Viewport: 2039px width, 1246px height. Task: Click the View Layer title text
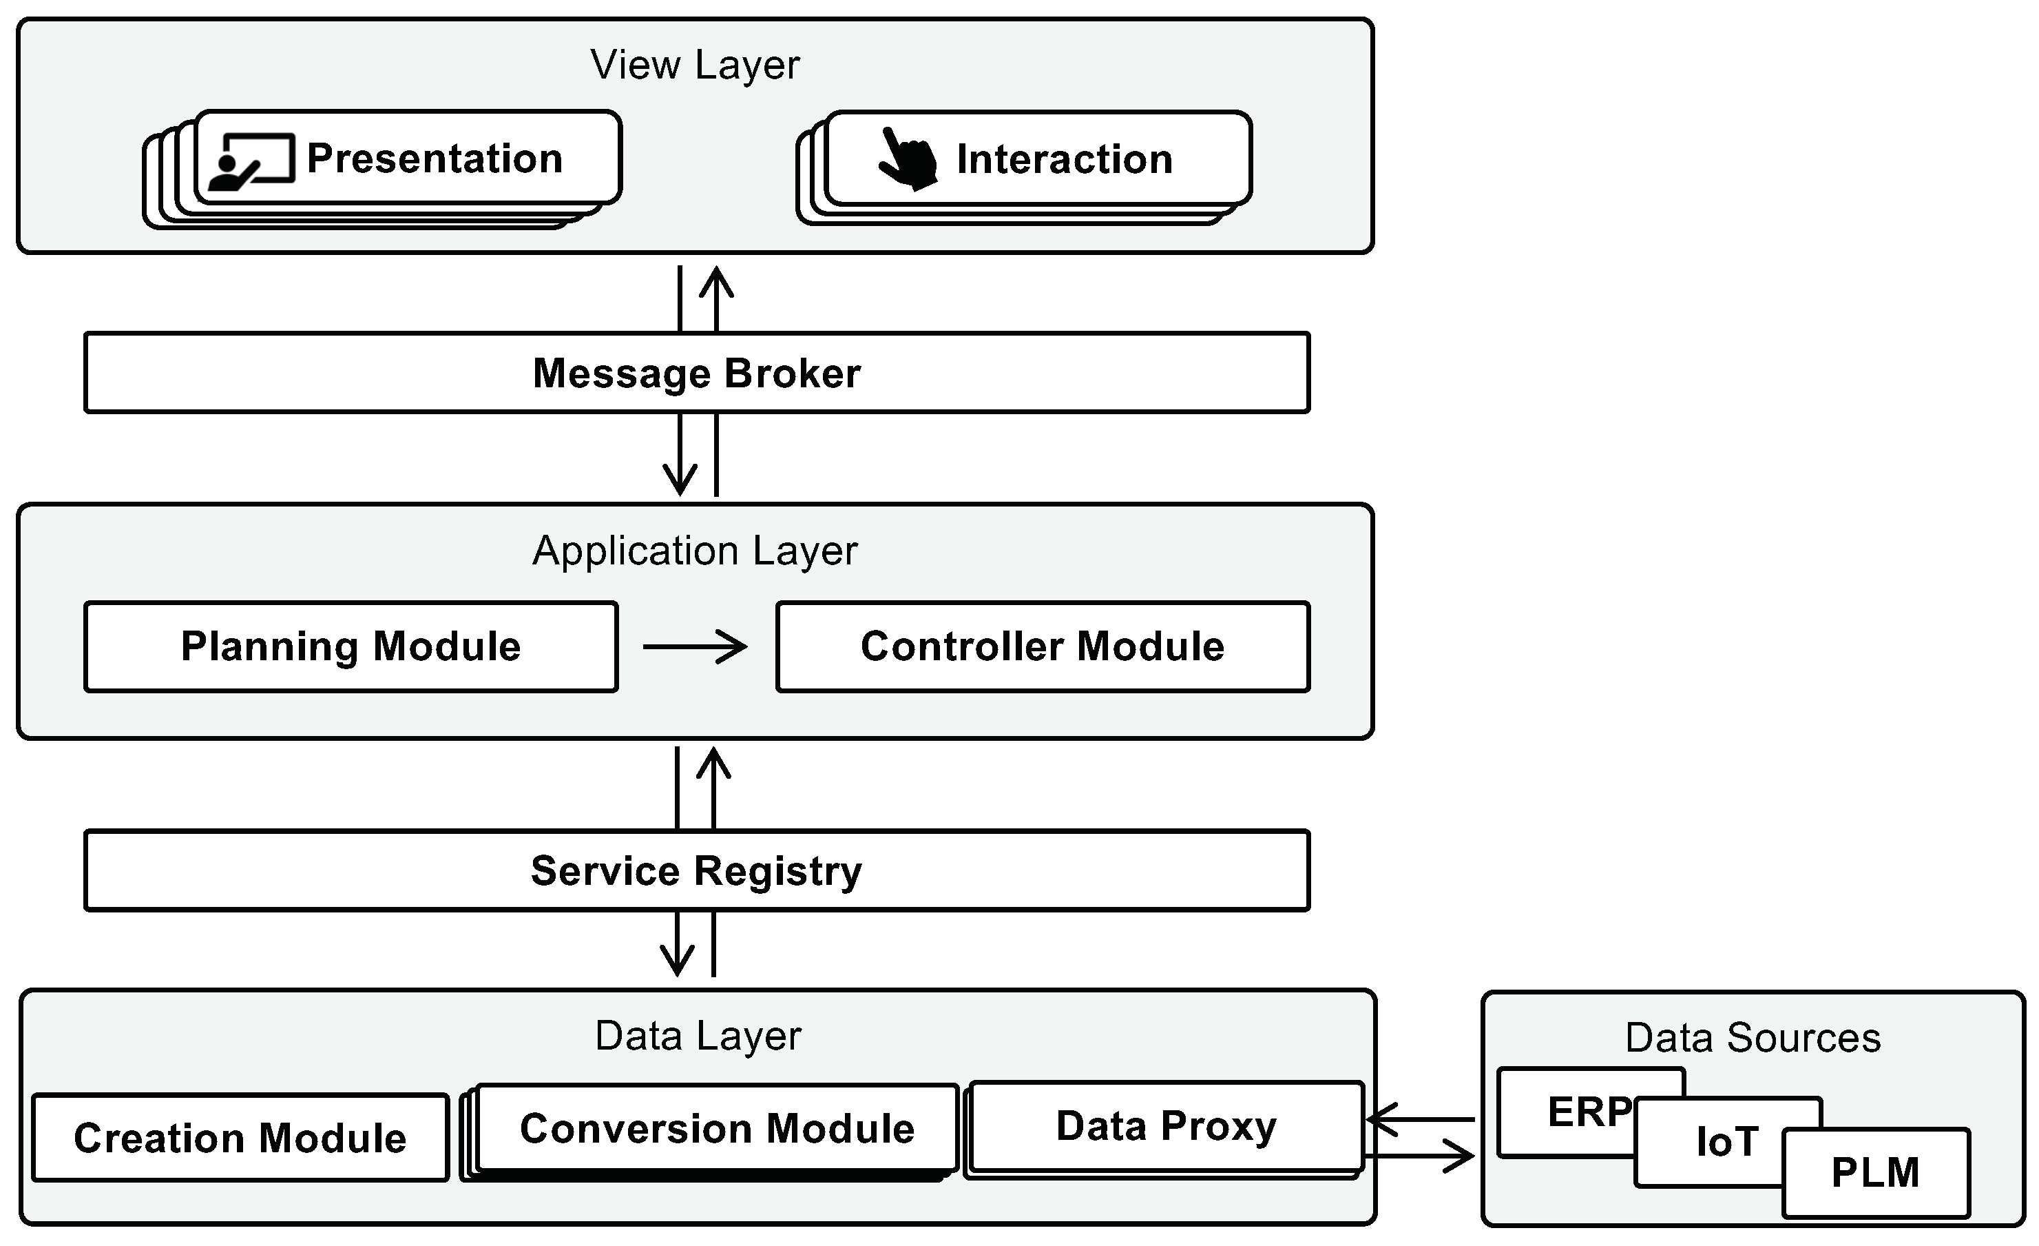coord(694,65)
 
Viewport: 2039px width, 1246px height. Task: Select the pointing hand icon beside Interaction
coord(908,159)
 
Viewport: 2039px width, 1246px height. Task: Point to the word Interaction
coord(1064,159)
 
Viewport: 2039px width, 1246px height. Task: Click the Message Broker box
coord(696,373)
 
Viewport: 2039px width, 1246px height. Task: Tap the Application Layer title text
coord(694,551)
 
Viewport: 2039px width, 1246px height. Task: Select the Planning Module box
coord(351,646)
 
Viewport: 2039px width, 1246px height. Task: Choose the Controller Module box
coord(1042,646)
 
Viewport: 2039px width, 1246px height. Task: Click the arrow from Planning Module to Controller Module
coord(695,646)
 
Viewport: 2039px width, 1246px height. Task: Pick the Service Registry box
coord(696,871)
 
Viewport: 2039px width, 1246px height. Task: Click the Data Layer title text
coord(698,1036)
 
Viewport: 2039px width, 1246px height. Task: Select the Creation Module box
coord(240,1138)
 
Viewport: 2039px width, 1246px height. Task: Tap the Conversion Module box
coord(717,1127)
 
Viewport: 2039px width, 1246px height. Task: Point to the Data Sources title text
coord(1753,1037)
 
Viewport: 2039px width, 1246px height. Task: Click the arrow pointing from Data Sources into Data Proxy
coord(1419,1119)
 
